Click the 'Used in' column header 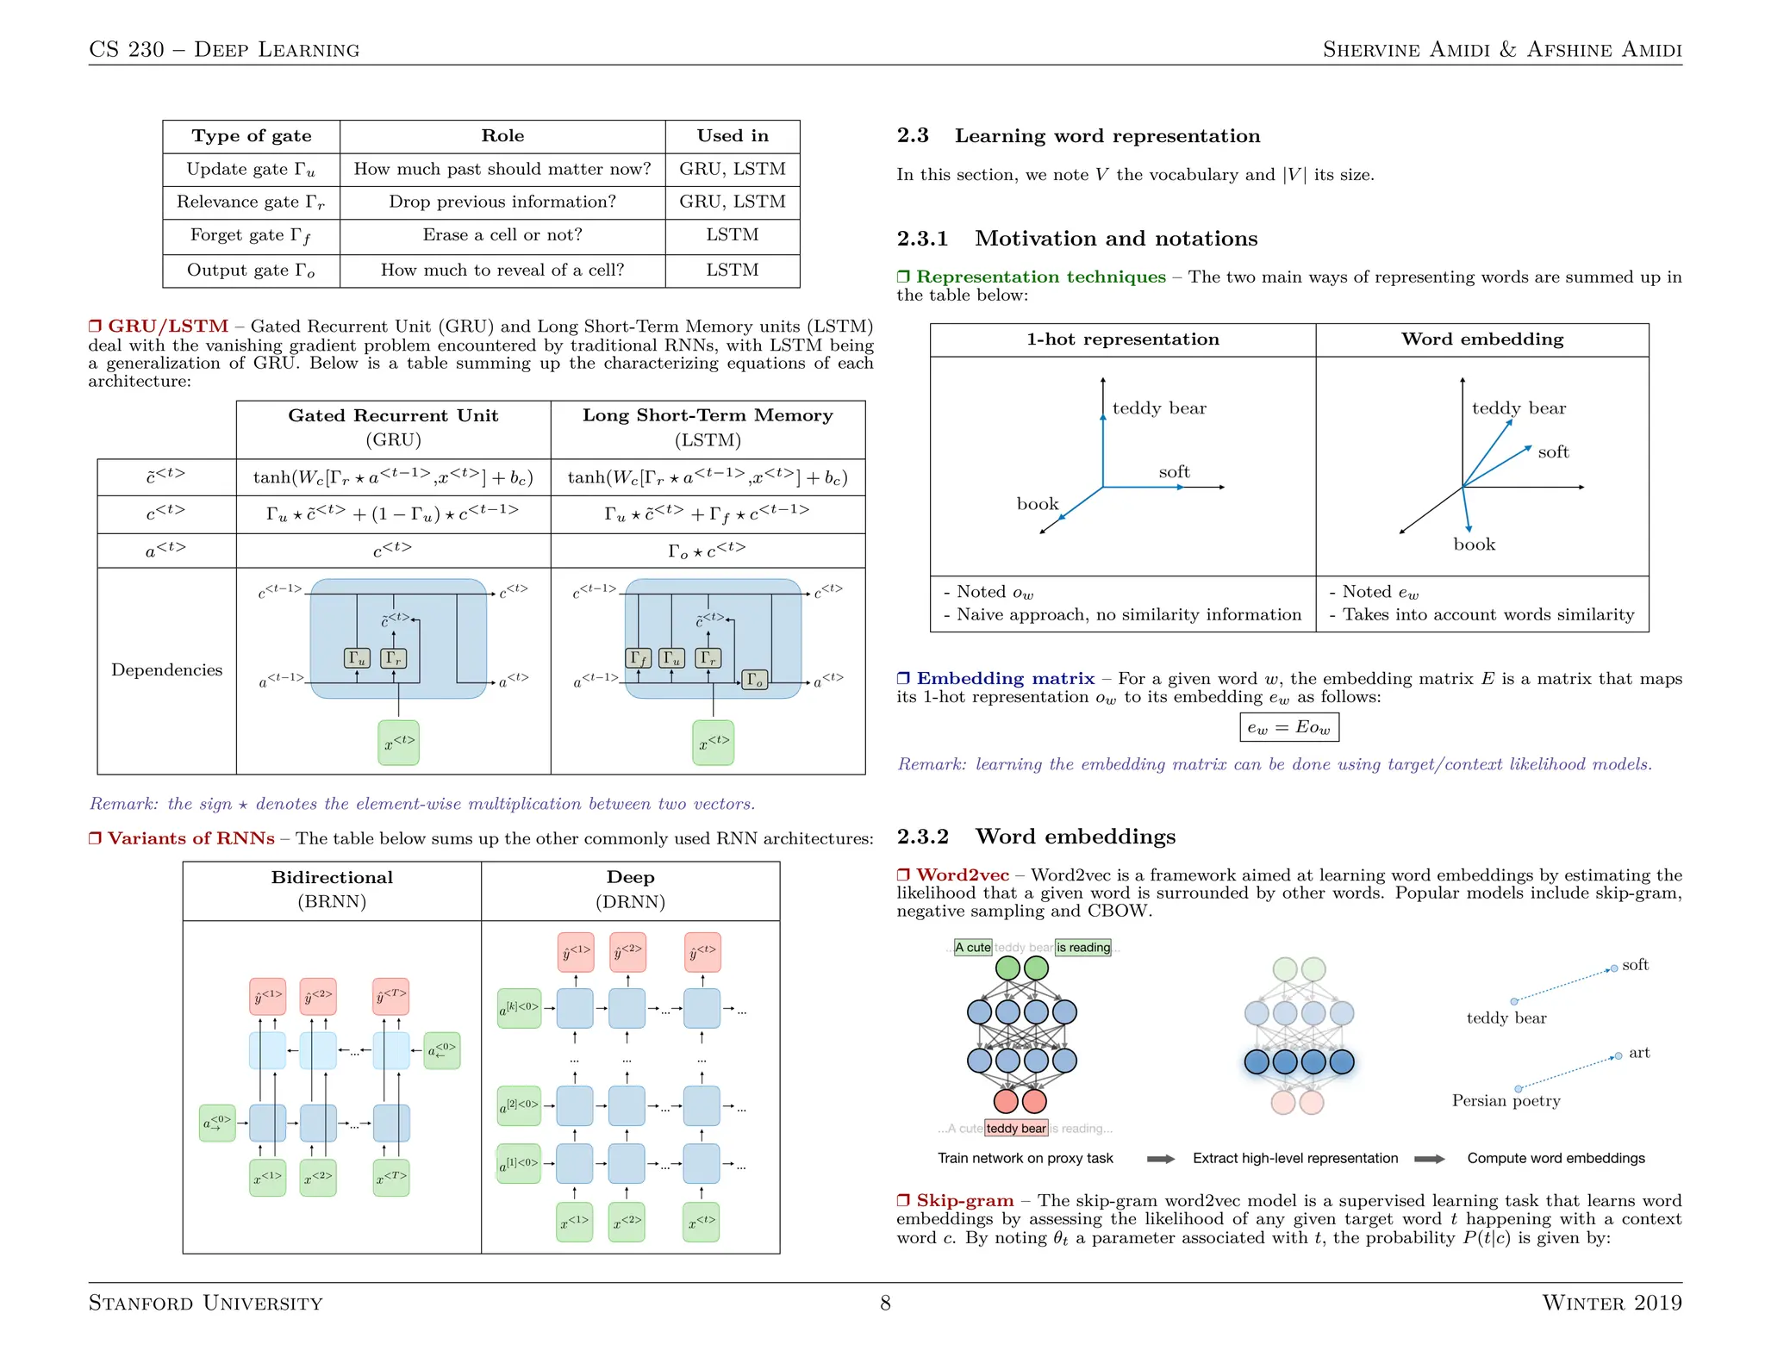pyautogui.click(x=732, y=136)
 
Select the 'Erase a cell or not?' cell pyautogui.click(x=502, y=235)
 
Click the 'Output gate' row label pyautogui.click(x=251, y=271)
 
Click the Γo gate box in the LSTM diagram pyautogui.click(x=754, y=680)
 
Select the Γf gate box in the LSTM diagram pyautogui.click(x=639, y=658)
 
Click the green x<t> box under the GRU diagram pyautogui.click(x=398, y=743)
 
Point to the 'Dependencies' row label pyautogui.click(x=166, y=670)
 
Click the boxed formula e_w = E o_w pyautogui.click(x=1288, y=727)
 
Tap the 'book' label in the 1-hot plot pyautogui.click(x=1037, y=504)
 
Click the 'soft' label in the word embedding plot pyautogui.click(x=1553, y=452)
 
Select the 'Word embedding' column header pyautogui.click(x=1481, y=339)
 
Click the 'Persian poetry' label pyautogui.click(x=1506, y=1101)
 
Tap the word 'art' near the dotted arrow pyautogui.click(x=1638, y=1053)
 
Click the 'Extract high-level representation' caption pyautogui.click(x=1294, y=1159)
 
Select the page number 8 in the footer pyautogui.click(x=885, y=1303)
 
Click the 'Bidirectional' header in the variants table pyautogui.click(x=332, y=878)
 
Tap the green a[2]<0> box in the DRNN pyautogui.click(x=519, y=1105)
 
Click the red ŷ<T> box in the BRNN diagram pyautogui.click(x=390, y=997)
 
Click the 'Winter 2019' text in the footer pyautogui.click(x=1611, y=1303)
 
